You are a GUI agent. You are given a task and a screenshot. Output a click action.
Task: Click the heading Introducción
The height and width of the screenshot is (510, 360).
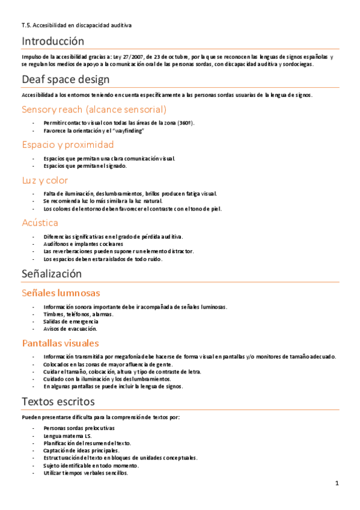click(53, 41)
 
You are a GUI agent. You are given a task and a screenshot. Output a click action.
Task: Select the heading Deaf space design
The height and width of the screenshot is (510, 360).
click(66, 79)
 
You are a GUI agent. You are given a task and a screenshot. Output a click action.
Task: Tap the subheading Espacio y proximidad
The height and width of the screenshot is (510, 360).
click(67, 145)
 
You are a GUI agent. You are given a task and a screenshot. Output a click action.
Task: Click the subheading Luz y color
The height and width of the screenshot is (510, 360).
click(45, 180)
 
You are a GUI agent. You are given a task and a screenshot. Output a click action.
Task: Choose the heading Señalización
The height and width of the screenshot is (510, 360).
click(52, 274)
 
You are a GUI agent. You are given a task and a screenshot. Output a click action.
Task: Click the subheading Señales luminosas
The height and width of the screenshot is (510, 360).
click(61, 293)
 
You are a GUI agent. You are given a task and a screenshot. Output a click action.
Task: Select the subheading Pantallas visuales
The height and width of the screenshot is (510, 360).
click(60, 343)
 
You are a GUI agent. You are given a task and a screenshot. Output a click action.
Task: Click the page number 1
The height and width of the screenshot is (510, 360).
click(337, 483)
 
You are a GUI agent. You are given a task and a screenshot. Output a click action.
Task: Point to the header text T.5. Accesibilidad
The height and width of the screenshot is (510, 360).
click(76, 25)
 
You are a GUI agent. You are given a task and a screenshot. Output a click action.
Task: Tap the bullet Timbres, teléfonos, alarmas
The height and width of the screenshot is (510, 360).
click(78, 314)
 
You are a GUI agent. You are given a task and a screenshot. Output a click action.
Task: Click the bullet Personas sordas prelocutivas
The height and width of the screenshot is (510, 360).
click(79, 428)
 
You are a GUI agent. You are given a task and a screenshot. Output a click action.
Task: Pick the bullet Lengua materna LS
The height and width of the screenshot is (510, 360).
click(67, 435)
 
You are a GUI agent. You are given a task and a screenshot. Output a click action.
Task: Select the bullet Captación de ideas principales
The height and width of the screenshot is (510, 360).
click(81, 450)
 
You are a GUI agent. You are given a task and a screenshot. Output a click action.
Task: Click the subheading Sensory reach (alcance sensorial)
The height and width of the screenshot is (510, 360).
click(94, 109)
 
